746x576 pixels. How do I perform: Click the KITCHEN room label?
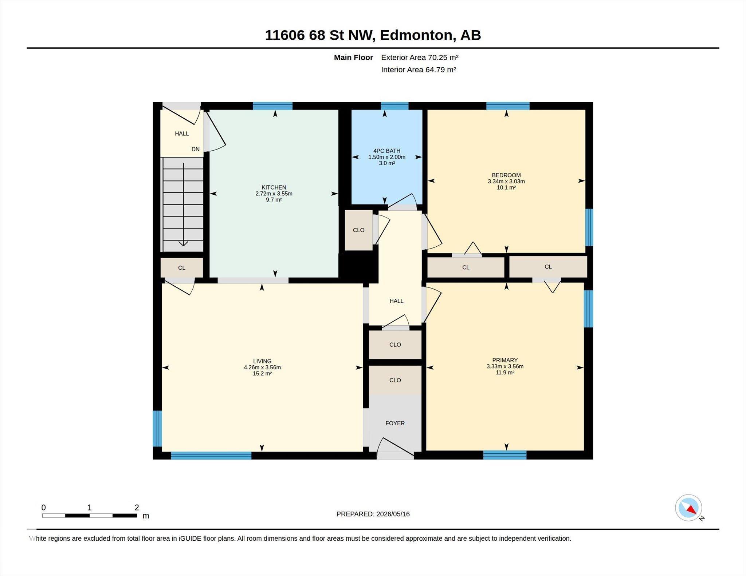(x=274, y=187)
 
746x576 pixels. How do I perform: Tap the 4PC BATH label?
(x=387, y=151)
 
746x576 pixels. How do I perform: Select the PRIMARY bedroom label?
(x=505, y=360)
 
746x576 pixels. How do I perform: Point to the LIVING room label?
(x=262, y=361)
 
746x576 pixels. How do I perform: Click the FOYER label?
(x=395, y=423)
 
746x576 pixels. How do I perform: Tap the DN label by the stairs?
(x=196, y=149)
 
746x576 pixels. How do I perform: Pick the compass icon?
(x=688, y=508)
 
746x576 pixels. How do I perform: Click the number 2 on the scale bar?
(x=137, y=508)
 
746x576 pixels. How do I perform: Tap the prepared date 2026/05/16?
(x=393, y=514)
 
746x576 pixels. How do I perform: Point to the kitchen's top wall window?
(x=273, y=106)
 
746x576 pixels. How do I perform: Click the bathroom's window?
(x=395, y=106)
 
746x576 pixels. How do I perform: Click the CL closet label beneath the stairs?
(x=182, y=268)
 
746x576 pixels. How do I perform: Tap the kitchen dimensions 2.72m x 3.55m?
(x=274, y=194)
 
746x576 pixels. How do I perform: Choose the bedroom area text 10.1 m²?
(x=506, y=188)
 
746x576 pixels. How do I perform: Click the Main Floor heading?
(x=353, y=57)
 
